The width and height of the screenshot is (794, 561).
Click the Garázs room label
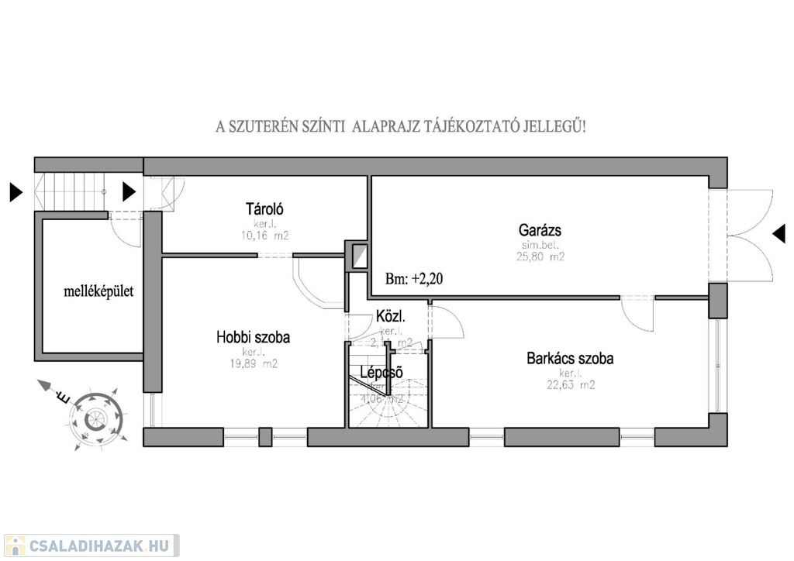[540, 229]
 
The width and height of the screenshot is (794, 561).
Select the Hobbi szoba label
[253, 337]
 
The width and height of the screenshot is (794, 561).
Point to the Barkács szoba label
[570, 359]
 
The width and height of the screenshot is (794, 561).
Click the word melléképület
[98, 292]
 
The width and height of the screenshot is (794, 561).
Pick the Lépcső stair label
[381, 373]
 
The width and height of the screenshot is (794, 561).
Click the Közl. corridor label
[391, 316]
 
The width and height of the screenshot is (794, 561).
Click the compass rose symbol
[95, 418]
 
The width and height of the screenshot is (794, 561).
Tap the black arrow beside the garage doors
[778, 232]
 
